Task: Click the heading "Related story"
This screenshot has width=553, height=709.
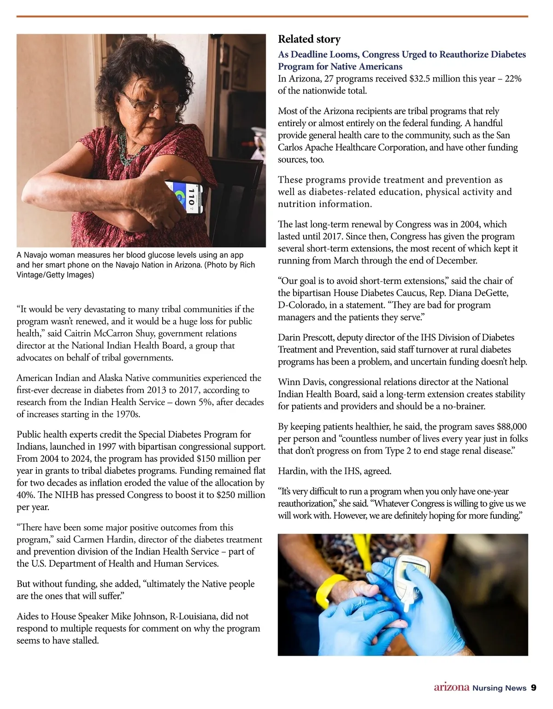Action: (x=309, y=39)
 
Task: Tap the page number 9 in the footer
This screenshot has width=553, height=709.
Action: (x=534, y=688)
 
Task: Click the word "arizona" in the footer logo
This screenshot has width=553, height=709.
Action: (x=451, y=687)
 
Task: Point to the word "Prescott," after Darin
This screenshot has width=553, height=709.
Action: (x=320, y=337)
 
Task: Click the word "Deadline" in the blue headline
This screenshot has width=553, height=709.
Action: (x=312, y=54)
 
